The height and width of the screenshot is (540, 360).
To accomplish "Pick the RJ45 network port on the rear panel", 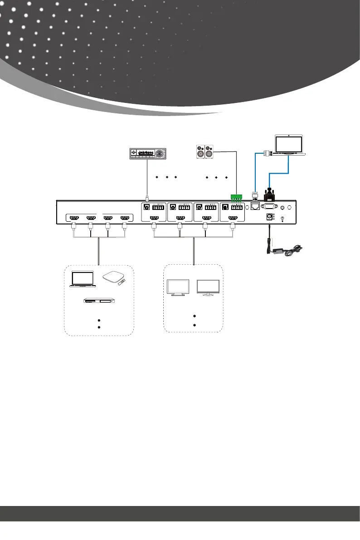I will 255,207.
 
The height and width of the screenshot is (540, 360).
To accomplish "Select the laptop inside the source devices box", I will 83,279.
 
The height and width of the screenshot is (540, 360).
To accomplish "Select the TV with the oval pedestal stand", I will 208,288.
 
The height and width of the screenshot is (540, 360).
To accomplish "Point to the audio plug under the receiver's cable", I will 147,198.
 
